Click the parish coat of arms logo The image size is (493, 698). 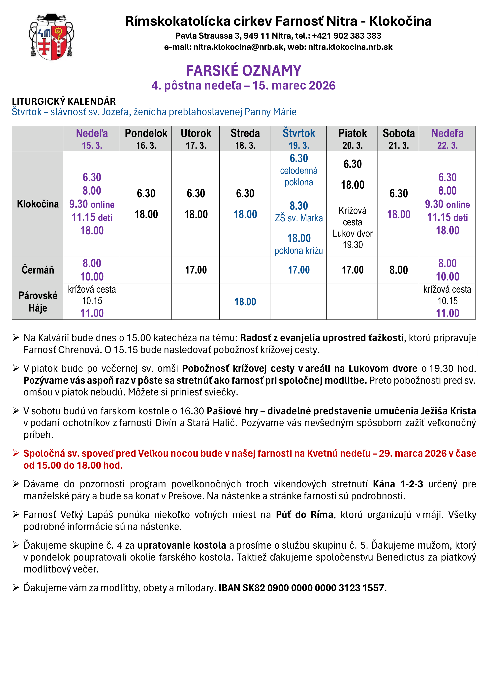(x=52, y=37)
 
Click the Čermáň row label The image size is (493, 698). (x=38, y=270)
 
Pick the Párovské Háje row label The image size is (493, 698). (x=38, y=302)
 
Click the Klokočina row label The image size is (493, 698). (x=38, y=204)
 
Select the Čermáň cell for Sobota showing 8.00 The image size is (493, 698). (x=399, y=270)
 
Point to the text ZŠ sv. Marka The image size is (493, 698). (x=299, y=218)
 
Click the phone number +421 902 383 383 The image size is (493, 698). (x=346, y=36)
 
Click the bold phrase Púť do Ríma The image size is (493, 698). (x=305, y=515)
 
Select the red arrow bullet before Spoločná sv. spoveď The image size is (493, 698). (x=16, y=453)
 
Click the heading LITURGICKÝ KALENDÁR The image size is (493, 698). (x=64, y=101)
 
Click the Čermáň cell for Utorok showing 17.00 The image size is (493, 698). (x=196, y=270)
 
